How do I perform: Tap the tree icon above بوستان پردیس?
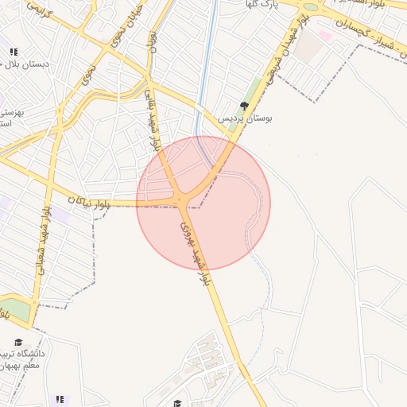pos(245,105)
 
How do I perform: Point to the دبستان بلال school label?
pos(25,64)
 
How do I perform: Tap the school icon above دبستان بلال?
pos(14,52)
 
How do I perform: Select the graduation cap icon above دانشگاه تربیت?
pos(17,343)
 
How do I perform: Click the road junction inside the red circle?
pos(184,199)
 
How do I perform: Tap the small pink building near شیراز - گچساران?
pos(325,36)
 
